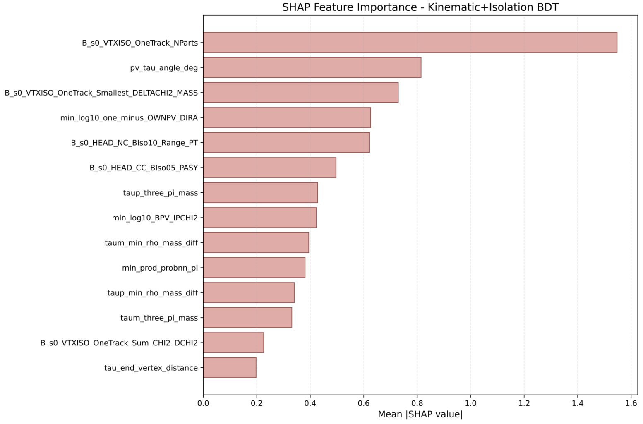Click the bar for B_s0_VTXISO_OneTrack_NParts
(x=410, y=43)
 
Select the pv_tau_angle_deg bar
(x=312, y=67)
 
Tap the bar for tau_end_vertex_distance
(x=230, y=368)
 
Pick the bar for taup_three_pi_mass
(x=260, y=193)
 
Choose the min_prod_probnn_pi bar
(x=254, y=268)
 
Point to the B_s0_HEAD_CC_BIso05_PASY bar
(x=269, y=168)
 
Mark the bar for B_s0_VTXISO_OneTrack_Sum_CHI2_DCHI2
(x=233, y=343)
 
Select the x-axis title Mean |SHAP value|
(x=420, y=414)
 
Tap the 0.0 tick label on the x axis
(x=203, y=403)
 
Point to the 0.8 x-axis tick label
(x=417, y=403)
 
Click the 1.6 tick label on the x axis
(x=631, y=403)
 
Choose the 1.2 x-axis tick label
(x=524, y=403)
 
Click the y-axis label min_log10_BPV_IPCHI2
(x=155, y=218)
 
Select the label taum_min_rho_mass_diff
(x=151, y=243)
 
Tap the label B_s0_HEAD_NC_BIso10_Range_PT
(x=134, y=143)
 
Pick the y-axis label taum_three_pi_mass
(x=159, y=318)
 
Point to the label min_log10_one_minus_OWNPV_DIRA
(x=129, y=118)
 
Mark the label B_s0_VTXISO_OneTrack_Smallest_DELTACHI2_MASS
(x=101, y=93)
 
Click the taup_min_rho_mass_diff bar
(x=249, y=292)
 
